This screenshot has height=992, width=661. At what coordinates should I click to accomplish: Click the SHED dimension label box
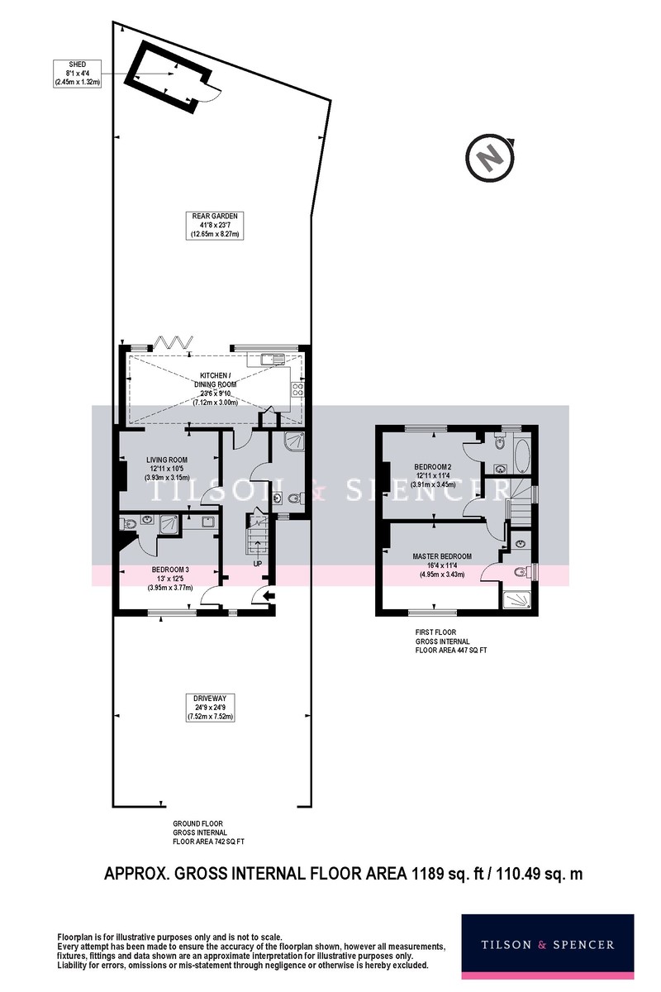click(x=77, y=73)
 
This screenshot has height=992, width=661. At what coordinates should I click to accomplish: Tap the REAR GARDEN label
click(x=215, y=226)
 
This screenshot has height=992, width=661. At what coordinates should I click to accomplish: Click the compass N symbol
click(x=490, y=158)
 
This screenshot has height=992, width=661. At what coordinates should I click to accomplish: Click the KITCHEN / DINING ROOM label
click(x=216, y=389)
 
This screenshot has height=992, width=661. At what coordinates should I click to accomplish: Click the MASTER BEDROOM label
click(x=442, y=565)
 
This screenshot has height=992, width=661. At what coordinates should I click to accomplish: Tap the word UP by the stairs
click(x=257, y=563)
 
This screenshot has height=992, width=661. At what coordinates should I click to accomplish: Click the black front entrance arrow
click(x=269, y=596)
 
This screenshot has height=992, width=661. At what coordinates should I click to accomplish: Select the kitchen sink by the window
click(x=272, y=358)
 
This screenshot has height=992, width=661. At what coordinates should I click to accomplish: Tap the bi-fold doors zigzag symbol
click(x=174, y=343)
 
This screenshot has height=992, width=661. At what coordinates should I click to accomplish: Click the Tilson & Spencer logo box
click(x=547, y=945)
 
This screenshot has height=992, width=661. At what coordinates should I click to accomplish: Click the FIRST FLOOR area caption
click(x=450, y=641)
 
